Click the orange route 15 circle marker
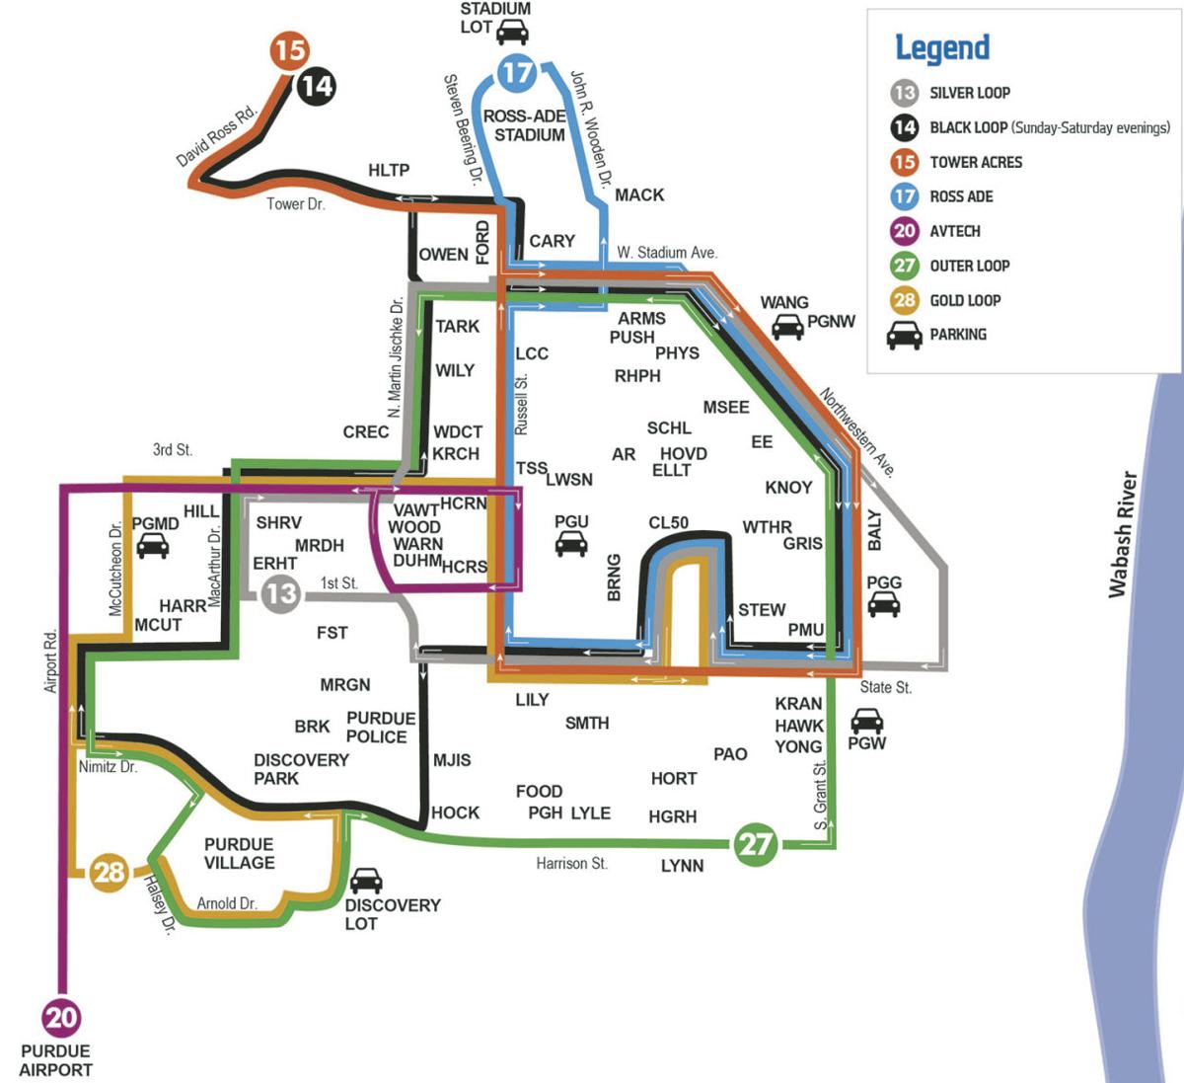click(x=290, y=50)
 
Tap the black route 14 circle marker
click(x=317, y=86)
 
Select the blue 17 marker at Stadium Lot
click(x=516, y=72)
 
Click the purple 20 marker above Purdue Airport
click(x=61, y=1017)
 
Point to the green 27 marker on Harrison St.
click(x=755, y=844)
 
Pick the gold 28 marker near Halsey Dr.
click(x=110, y=873)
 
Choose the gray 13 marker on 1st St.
click(x=281, y=593)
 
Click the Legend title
click(x=941, y=47)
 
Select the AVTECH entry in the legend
click(x=954, y=231)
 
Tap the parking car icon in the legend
click(x=905, y=336)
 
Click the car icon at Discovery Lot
click(x=366, y=880)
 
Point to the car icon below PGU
click(x=571, y=543)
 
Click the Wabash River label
click(x=1122, y=533)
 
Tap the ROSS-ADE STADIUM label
click(x=525, y=125)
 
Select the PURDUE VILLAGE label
click(x=239, y=853)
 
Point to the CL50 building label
click(x=668, y=522)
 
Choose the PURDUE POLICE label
click(x=380, y=728)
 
